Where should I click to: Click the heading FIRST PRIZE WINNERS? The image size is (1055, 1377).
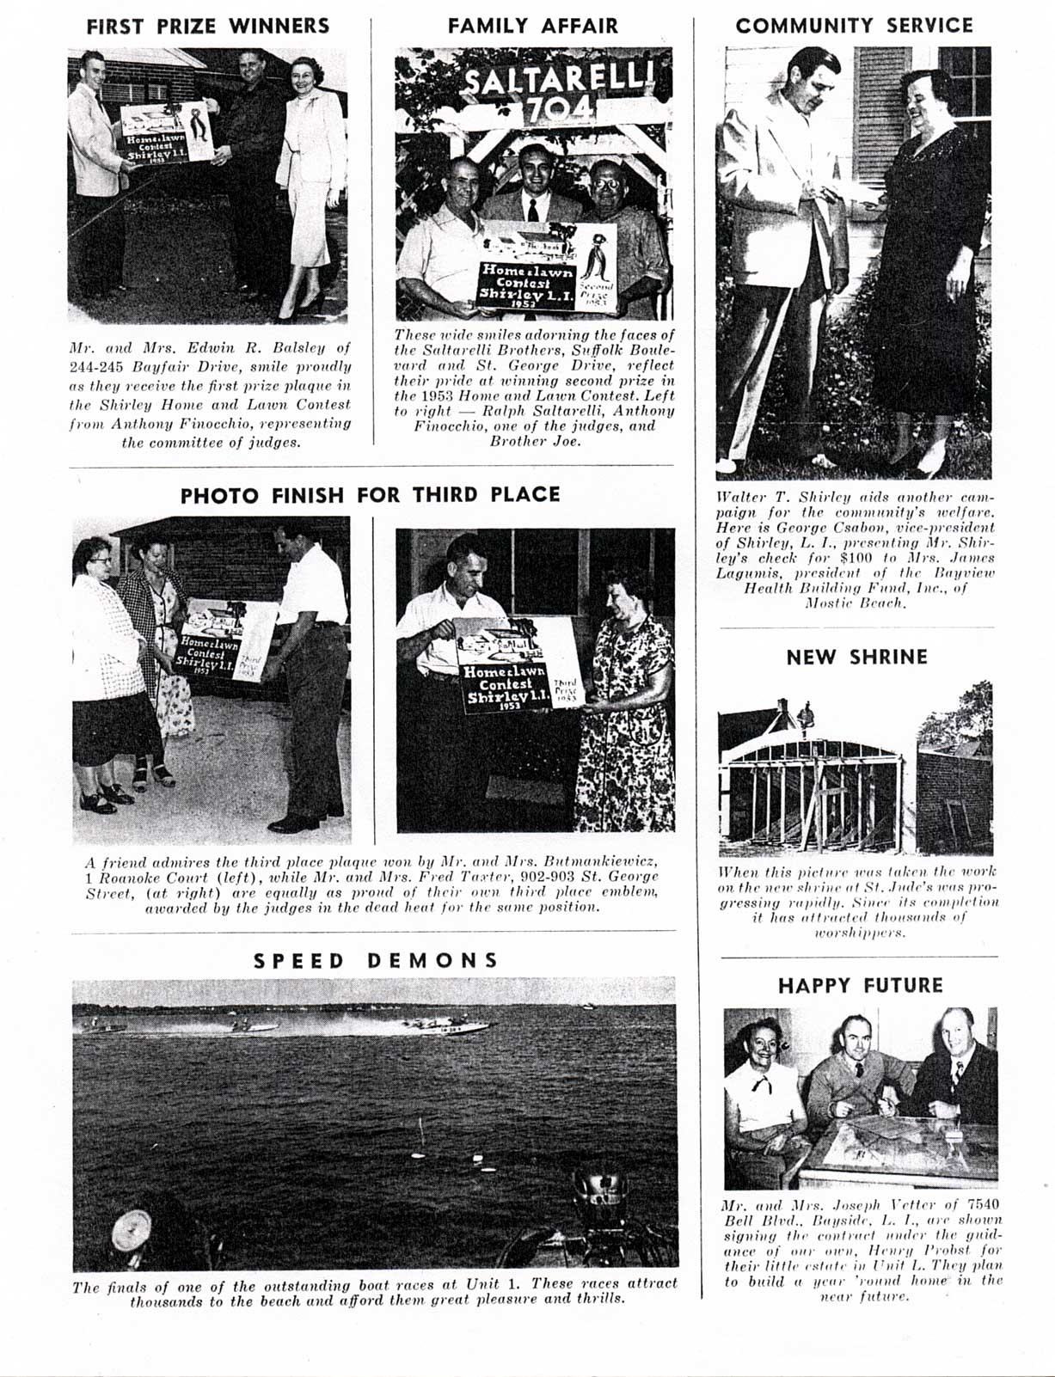208,26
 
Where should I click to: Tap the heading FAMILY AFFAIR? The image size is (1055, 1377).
532,26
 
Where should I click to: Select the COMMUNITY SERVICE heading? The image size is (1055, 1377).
854,26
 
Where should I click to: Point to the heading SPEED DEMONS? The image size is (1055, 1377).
376,960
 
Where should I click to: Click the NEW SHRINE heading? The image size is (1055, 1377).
856,658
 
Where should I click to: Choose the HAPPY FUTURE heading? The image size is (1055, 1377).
860,985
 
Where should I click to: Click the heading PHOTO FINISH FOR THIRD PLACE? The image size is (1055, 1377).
370,495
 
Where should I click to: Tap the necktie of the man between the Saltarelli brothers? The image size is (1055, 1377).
534,210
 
